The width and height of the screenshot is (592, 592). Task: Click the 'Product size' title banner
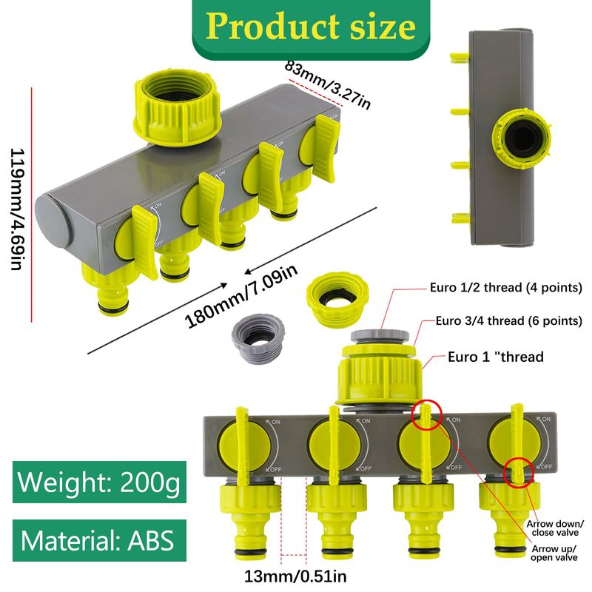[311, 27]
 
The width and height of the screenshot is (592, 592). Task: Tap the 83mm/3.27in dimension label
[327, 85]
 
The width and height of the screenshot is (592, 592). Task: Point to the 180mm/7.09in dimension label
[241, 296]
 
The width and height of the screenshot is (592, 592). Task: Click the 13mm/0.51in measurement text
[295, 576]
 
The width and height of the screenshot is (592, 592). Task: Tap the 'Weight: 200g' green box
[99, 482]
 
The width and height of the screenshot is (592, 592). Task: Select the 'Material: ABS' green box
[99, 540]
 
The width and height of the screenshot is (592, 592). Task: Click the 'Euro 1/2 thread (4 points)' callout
[506, 288]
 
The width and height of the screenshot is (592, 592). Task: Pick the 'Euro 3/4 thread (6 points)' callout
[508, 321]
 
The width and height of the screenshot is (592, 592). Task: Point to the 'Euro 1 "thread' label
[495, 357]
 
